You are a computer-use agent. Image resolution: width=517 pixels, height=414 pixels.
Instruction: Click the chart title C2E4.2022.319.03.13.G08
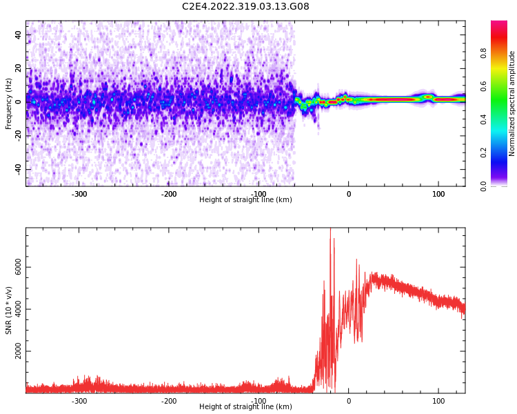245,7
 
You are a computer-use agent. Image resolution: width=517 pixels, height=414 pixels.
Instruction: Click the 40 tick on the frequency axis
19,34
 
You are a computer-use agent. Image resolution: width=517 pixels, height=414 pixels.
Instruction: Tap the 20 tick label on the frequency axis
19,68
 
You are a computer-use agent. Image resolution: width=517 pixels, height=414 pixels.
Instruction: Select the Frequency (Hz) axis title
8,103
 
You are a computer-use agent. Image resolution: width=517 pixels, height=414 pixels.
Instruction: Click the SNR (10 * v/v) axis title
8,310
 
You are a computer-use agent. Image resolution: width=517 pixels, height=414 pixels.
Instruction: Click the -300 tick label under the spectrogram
79,194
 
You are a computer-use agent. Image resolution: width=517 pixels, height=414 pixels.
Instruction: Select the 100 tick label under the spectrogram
438,194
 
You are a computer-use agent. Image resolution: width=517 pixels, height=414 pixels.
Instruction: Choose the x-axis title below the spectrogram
245,200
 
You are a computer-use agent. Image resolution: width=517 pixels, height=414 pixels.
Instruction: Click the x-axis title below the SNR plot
245,407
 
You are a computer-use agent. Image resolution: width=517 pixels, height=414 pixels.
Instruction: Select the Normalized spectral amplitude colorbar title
512,103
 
